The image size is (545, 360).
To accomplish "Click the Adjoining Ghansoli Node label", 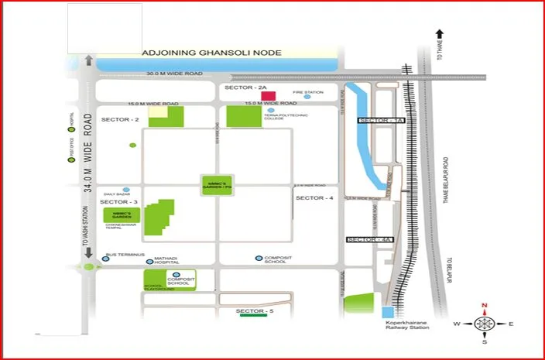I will click(x=211, y=53).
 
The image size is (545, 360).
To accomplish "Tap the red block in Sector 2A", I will click(x=269, y=95).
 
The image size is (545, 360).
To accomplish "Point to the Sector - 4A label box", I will click(x=370, y=240).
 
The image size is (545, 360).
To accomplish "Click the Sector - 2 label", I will click(x=119, y=120).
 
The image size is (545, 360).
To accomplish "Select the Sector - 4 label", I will click(x=314, y=199).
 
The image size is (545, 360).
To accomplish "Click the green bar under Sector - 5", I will click(x=254, y=316).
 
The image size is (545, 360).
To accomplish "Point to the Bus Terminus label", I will click(x=121, y=254).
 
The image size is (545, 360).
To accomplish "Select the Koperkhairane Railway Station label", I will click(x=406, y=325).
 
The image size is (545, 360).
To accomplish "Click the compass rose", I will click(x=485, y=323).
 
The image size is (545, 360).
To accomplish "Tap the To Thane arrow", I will click(x=439, y=34).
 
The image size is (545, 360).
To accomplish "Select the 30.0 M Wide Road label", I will click(x=175, y=74).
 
